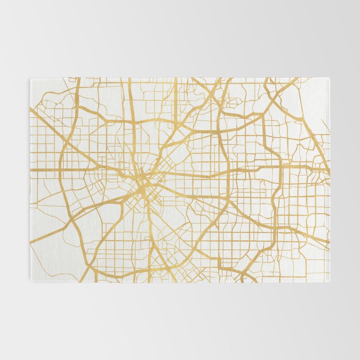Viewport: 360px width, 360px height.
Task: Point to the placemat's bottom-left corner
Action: coord(31,281)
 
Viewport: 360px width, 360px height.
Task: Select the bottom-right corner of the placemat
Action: coord(329,281)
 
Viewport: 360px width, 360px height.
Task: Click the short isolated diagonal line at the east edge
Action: coord(325,126)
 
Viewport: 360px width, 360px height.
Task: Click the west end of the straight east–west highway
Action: coord(32,169)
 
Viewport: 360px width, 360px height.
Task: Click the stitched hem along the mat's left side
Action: coord(31,180)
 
